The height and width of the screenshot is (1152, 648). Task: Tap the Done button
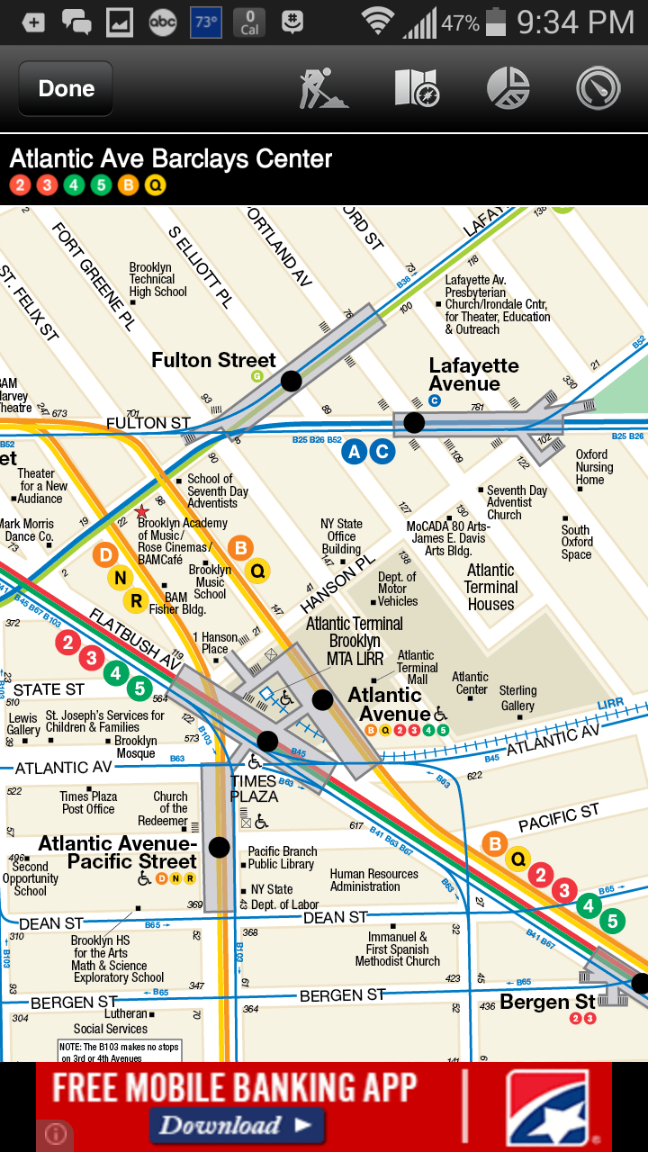[x=66, y=88]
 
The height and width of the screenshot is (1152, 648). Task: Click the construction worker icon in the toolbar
[x=324, y=88]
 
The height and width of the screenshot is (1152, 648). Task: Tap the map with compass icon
[x=417, y=88]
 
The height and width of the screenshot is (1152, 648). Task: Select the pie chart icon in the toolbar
[x=508, y=88]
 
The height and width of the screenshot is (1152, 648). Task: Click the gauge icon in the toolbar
[x=599, y=88]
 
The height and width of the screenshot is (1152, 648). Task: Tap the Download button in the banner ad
[x=237, y=1125]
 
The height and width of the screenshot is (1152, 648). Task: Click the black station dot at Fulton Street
[x=291, y=381]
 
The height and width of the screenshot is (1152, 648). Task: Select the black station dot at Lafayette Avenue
[x=414, y=422]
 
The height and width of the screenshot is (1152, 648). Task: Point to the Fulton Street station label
[x=213, y=361]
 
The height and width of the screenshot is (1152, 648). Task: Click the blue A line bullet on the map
[x=355, y=452]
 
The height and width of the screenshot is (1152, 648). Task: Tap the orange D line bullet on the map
[x=105, y=555]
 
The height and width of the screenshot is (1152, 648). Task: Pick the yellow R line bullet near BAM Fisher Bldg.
[x=136, y=600]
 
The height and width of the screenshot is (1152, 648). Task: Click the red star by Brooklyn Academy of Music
[x=141, y=511]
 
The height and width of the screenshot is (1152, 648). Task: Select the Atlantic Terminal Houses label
[x=490, y=587]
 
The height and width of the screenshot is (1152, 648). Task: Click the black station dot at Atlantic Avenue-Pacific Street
[x=219, y=847]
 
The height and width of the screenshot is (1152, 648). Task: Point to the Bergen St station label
[x=547, y=1002]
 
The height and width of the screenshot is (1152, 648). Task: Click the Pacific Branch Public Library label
[x=282, y=858]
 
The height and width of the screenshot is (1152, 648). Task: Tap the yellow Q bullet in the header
[x=156, y=186]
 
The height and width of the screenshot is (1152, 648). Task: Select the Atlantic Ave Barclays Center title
[x=171, y=159]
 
